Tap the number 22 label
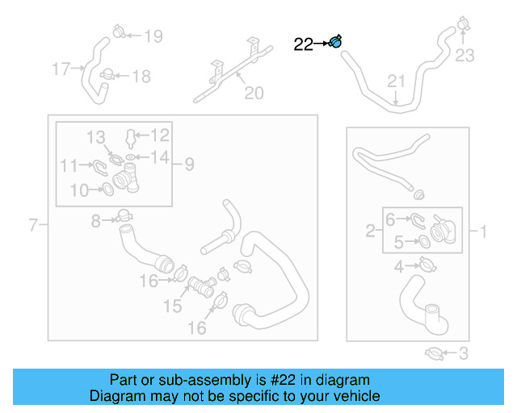pos(303,45)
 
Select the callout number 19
pos(153,35)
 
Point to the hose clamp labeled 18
pos(107,75)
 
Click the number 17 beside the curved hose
pos(61,69)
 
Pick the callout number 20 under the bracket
pos(254,94)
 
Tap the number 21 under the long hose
pos(395,81)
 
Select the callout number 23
pos(464,56)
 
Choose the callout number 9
pos(189,165)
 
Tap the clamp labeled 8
pos(124,216)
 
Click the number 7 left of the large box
pos(33,225)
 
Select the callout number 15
pos(174,307)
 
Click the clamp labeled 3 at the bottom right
pos(435,353)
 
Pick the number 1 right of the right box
pos(483,233)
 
